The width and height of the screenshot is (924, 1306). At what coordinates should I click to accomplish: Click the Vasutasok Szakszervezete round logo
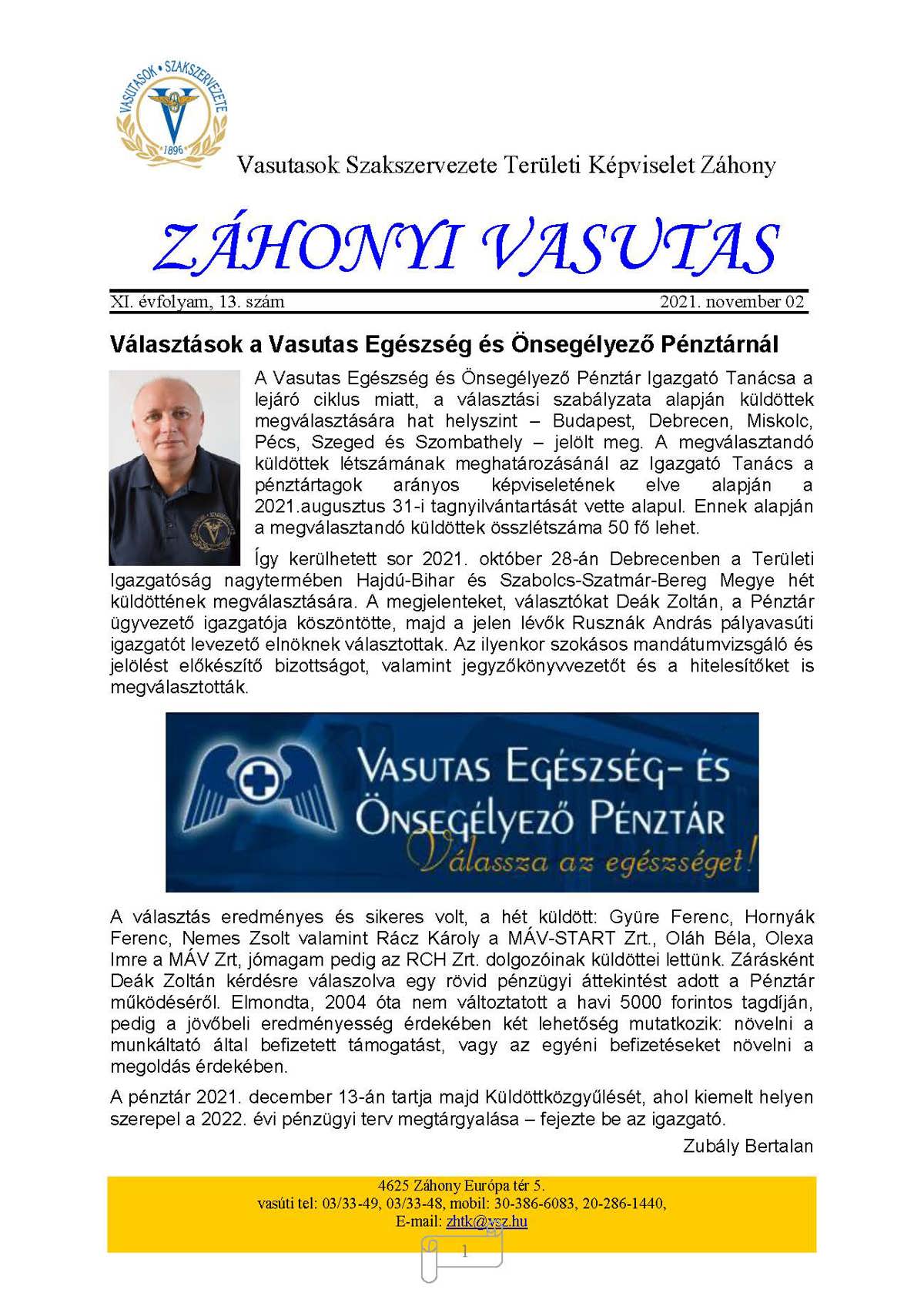tap(172, 108)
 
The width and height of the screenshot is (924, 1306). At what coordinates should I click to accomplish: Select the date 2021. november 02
tap(731, 302)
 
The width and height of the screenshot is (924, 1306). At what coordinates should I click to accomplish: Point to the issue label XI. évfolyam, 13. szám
tap(197, 302)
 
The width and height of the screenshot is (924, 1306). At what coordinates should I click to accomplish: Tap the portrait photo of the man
tap(175, 467)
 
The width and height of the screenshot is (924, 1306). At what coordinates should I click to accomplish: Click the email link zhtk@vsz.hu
tap(487, 1221)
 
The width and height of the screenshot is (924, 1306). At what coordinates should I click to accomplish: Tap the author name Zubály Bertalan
tap(748, 1146)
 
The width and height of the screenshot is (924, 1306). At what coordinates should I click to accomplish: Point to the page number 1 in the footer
tap(464, 1252)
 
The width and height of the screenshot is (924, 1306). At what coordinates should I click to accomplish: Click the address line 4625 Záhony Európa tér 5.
tap(461, 1186)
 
